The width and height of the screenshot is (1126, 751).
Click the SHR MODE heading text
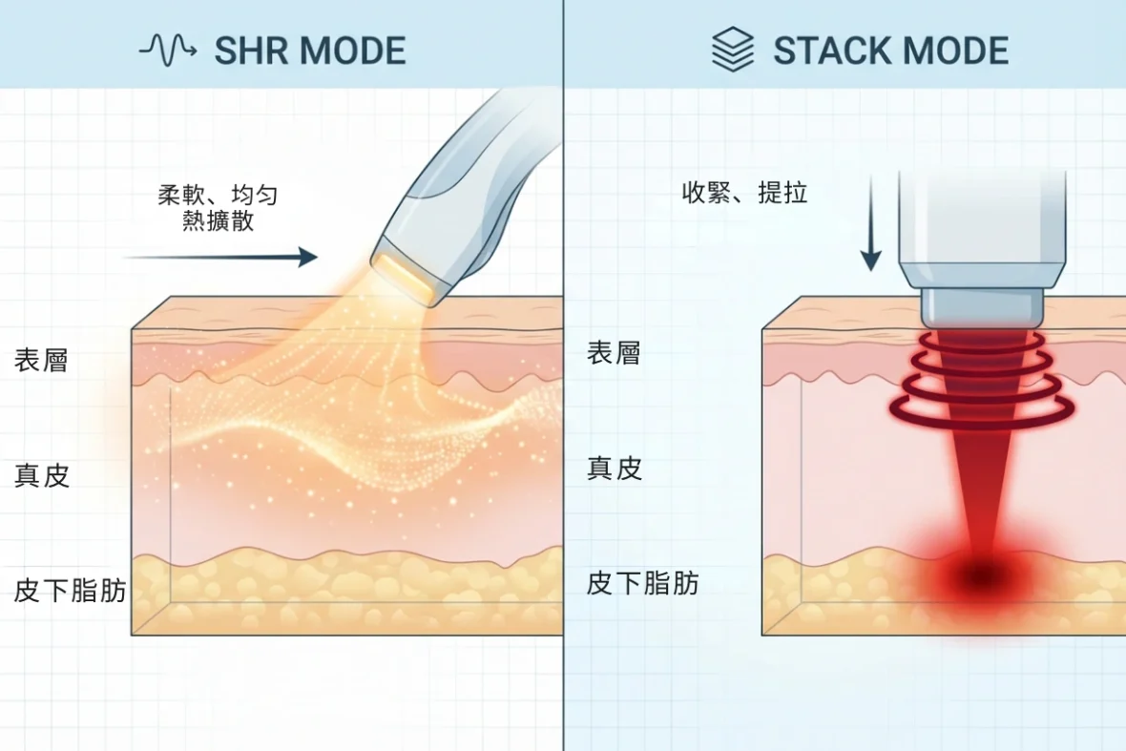tap(310, 51)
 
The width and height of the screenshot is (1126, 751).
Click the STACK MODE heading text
tap(890, 51)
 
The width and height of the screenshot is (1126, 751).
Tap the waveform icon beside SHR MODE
tap(167, 51)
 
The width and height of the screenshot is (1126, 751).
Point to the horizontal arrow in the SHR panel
tap(220, 257)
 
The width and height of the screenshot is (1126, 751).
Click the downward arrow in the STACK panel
tap(870, 222)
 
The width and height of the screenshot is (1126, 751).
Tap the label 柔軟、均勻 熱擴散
tap(219, 207)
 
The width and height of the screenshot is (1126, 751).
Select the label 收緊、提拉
tap(744, 193)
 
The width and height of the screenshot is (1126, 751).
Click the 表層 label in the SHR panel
tap(41, 360)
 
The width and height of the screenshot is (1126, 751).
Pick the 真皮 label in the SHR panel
tap(42, 475)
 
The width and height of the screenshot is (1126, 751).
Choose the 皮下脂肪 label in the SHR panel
tap(70, 591)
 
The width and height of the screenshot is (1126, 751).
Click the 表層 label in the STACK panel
tap(614, 352)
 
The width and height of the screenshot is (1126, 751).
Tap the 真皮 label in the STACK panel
tap(615, 469)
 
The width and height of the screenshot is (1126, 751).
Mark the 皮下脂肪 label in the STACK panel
tap(643, 583)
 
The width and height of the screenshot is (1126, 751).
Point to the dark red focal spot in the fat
tap(982, 574)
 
